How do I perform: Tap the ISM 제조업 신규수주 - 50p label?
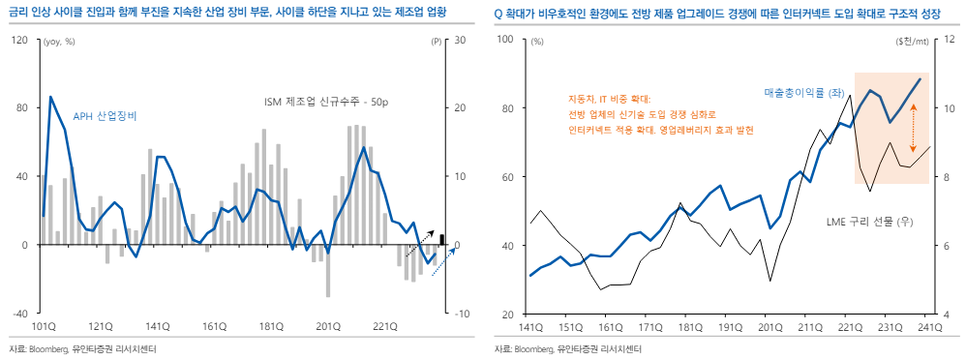(327, 102)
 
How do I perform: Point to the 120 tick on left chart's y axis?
(19, 40)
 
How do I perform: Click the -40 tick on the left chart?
(19, 314)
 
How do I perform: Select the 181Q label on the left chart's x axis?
(270, 327)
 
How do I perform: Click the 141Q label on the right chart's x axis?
(531, 327)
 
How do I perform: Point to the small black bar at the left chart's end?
(442, 239)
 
